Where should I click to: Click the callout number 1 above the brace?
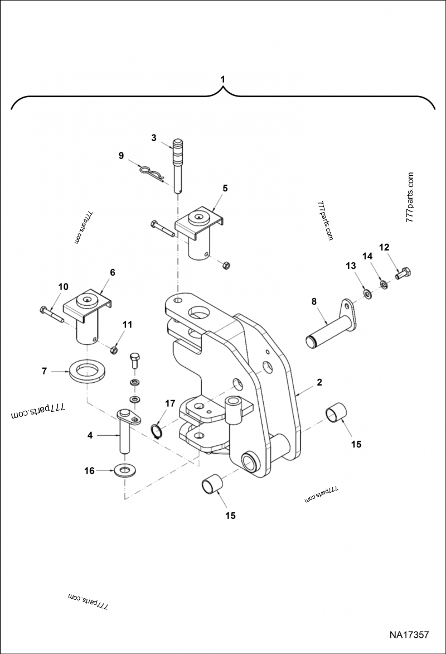pos(222,79)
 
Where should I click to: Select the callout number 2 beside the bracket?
pos(319,382)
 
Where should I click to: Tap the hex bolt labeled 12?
pos(404,273)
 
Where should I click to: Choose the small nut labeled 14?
pos(384,284)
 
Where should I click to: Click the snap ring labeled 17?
pos(158,430)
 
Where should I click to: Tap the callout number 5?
pos(225,188)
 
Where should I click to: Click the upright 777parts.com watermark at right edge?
pos(410,198)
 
